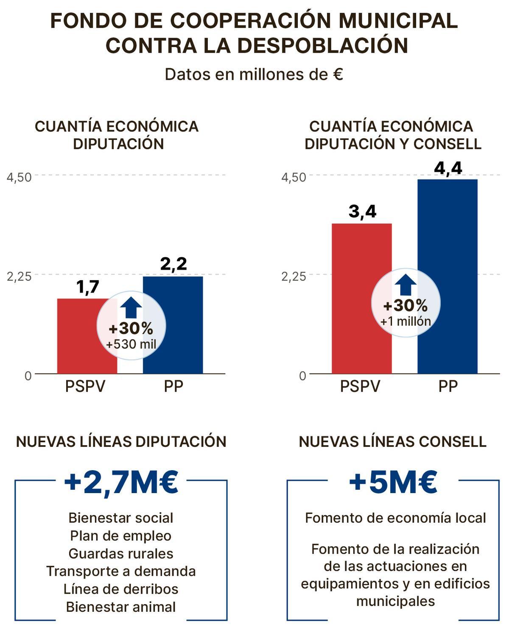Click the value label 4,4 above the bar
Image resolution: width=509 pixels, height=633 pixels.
click(448, 168)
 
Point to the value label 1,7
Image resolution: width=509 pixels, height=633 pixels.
click(87, 287)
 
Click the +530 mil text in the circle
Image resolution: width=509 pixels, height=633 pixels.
click(131, 344)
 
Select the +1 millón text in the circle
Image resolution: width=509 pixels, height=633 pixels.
click(406, 321)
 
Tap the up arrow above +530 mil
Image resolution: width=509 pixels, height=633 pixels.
click(131, 307)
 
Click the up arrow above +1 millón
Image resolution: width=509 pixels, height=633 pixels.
click(406, 284)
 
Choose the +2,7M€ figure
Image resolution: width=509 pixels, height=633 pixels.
click(121, 483)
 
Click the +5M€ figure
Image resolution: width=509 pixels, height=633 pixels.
click(393, 483)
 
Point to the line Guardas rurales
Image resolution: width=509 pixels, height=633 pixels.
click(121, 554)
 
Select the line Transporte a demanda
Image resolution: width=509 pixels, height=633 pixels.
click(121, 572)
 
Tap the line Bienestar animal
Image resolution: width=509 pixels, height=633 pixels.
click(121, 607)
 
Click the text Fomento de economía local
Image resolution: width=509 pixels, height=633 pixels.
click(395, 518)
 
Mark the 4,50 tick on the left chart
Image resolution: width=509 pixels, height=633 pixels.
click(20, 177)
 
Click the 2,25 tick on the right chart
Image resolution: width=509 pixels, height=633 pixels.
click(294, 276)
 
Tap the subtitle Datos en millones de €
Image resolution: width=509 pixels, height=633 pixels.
click(254, 75)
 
